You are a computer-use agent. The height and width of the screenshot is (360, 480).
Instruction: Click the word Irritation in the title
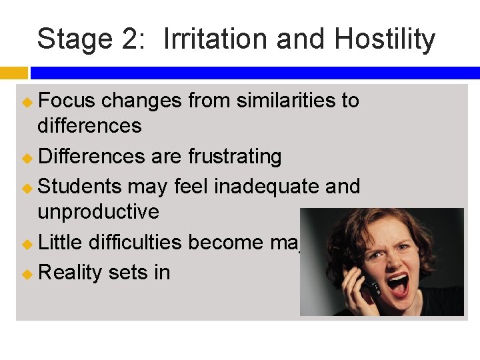point(216,39)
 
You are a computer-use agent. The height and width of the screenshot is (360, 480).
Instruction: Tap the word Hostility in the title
point(385,39)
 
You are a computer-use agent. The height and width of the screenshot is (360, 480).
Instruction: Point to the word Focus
point(67,101)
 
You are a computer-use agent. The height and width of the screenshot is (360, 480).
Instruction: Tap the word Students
point(80,186)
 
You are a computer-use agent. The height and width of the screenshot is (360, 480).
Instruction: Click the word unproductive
point(98,212)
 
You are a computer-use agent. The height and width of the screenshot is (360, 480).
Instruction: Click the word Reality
point(67,272)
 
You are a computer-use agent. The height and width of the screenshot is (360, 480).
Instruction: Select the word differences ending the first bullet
point(89,126)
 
